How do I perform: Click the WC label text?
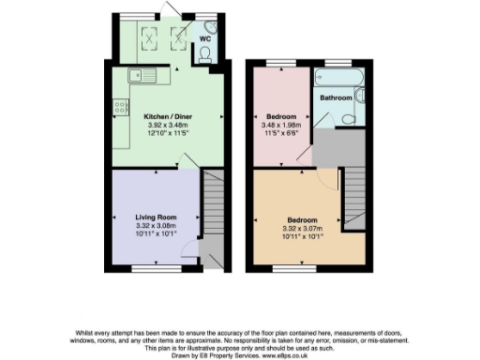point(205,38)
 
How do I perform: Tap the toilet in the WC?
point(205,56)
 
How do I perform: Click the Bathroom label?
point(336,97)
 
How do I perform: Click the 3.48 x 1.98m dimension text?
point(276,127)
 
